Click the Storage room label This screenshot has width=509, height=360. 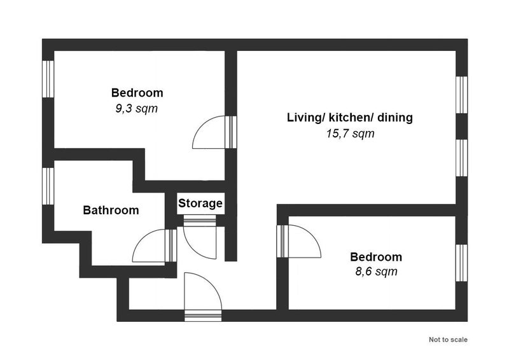(x=200, y=204)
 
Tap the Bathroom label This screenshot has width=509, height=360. (x=111, y=210)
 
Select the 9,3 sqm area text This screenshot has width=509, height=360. (x=137, y=108)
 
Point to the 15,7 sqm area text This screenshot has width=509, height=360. (x=351, y=134)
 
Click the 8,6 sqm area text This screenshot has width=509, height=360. (x=376, y=271)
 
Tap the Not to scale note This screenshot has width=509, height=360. (x=448, y=340)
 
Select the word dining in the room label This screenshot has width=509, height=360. (x=394, y=118)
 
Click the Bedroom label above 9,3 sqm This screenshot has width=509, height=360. (x=137, y=93)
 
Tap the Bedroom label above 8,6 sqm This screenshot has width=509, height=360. (x=376, y=257)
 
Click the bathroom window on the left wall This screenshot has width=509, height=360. (x=48, y=186)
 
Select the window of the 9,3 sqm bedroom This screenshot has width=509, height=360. (x=48, y=79)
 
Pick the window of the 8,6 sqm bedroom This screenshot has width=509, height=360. (x=462, y=263)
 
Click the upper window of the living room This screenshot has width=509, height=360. (x=462, y=95)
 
